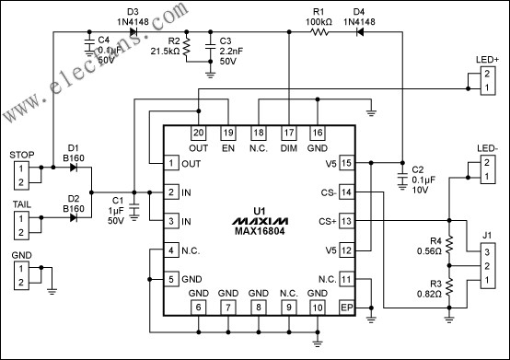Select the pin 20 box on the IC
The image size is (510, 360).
click(200, 134)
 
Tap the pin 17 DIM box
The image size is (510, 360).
click(289, 134)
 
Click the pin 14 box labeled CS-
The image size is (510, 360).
click(346, 192)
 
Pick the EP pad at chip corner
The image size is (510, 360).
click(346, 307)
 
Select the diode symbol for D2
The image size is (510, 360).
click(73, 218)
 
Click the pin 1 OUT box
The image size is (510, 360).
click(170, 163)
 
